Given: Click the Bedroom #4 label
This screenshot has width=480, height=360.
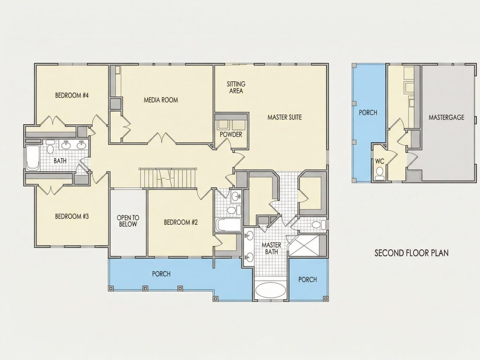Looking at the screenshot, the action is pos(72,95).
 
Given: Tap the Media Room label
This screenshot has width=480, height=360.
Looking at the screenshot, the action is pos(161,100).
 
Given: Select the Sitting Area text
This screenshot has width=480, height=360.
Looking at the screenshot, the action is pos(236,87).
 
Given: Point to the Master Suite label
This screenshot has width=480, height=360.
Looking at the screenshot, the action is pos(285,117).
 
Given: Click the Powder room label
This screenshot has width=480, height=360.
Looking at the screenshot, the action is pos(231,134).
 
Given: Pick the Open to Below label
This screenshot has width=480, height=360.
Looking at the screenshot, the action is pos(128,221).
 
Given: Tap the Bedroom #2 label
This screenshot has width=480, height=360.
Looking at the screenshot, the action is pos(181,222).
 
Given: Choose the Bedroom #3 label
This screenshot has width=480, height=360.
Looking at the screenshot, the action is pos(72,216).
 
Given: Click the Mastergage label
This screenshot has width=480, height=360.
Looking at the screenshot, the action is pos(446,117).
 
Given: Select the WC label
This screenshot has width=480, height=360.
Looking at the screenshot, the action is pos(380,161).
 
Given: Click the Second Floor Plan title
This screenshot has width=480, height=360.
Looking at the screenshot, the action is pos(412,253).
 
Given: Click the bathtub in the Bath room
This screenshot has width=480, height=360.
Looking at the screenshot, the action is pos(32,158).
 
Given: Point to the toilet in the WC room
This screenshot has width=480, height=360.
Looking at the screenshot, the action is pos(380,173).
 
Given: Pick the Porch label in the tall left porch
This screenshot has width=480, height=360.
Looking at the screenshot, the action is pos(368,113).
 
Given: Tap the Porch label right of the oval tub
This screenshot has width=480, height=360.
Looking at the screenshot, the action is pos(308,279).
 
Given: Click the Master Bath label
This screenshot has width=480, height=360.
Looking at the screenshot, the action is pos(271,248).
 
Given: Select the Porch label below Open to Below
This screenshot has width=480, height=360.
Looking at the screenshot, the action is pos(161,274).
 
